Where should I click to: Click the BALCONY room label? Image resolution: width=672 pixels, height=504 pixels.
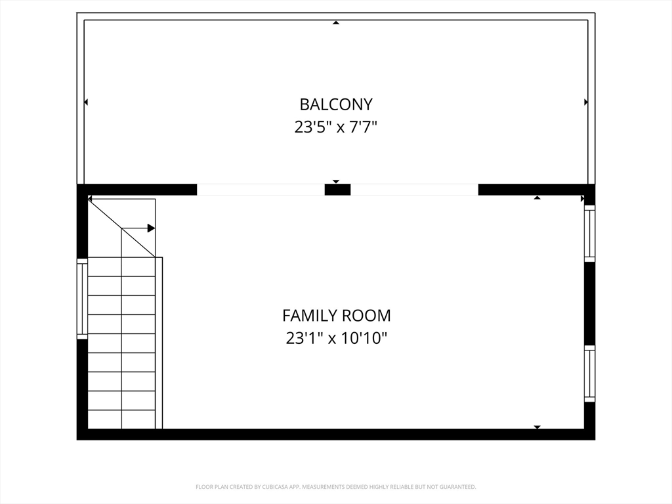pyautogui.click(x=336, y=104)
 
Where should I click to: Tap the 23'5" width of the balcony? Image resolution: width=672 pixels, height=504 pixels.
pyautogui.click(x=312, y=127)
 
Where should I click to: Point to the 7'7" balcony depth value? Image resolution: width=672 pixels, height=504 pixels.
pyautogui.click(x=362, y=127)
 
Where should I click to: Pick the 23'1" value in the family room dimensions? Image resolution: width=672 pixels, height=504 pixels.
pyautogui.click(x=304, y=339)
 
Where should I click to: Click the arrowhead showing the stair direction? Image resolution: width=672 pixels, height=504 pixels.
pyautogui.click(x=151, y=228)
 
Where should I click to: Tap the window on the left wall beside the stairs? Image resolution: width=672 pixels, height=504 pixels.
pyautogui.click(x=82, y=299)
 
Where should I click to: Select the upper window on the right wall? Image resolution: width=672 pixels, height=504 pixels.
pyautogui.click(x=589, y=234)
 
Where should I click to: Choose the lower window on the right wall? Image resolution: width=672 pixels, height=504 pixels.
pyautogui.click(x=589, y=373)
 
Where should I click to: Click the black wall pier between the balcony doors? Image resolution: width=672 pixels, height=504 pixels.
pyautogui.click(x=337, y=190)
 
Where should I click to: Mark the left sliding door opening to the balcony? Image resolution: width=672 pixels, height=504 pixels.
pyautogui.click(x=261, y=190)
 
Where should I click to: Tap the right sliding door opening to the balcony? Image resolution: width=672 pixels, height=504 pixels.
pyautogui.click(x=414, y=190)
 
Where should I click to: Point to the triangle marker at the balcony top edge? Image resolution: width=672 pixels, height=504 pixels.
pyautogui.click(x=336, y=23)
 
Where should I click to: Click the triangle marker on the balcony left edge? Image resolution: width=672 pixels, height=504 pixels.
pyautogui.click(x=86, y=102)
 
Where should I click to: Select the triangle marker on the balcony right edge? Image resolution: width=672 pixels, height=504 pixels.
pyautogui.click(x=585, y=102)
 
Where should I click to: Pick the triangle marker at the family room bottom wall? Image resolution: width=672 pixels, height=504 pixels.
pyautogui.click(x=537, y=427)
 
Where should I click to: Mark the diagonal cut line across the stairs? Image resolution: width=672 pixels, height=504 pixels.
pyautogui.click(x=122, y=228)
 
